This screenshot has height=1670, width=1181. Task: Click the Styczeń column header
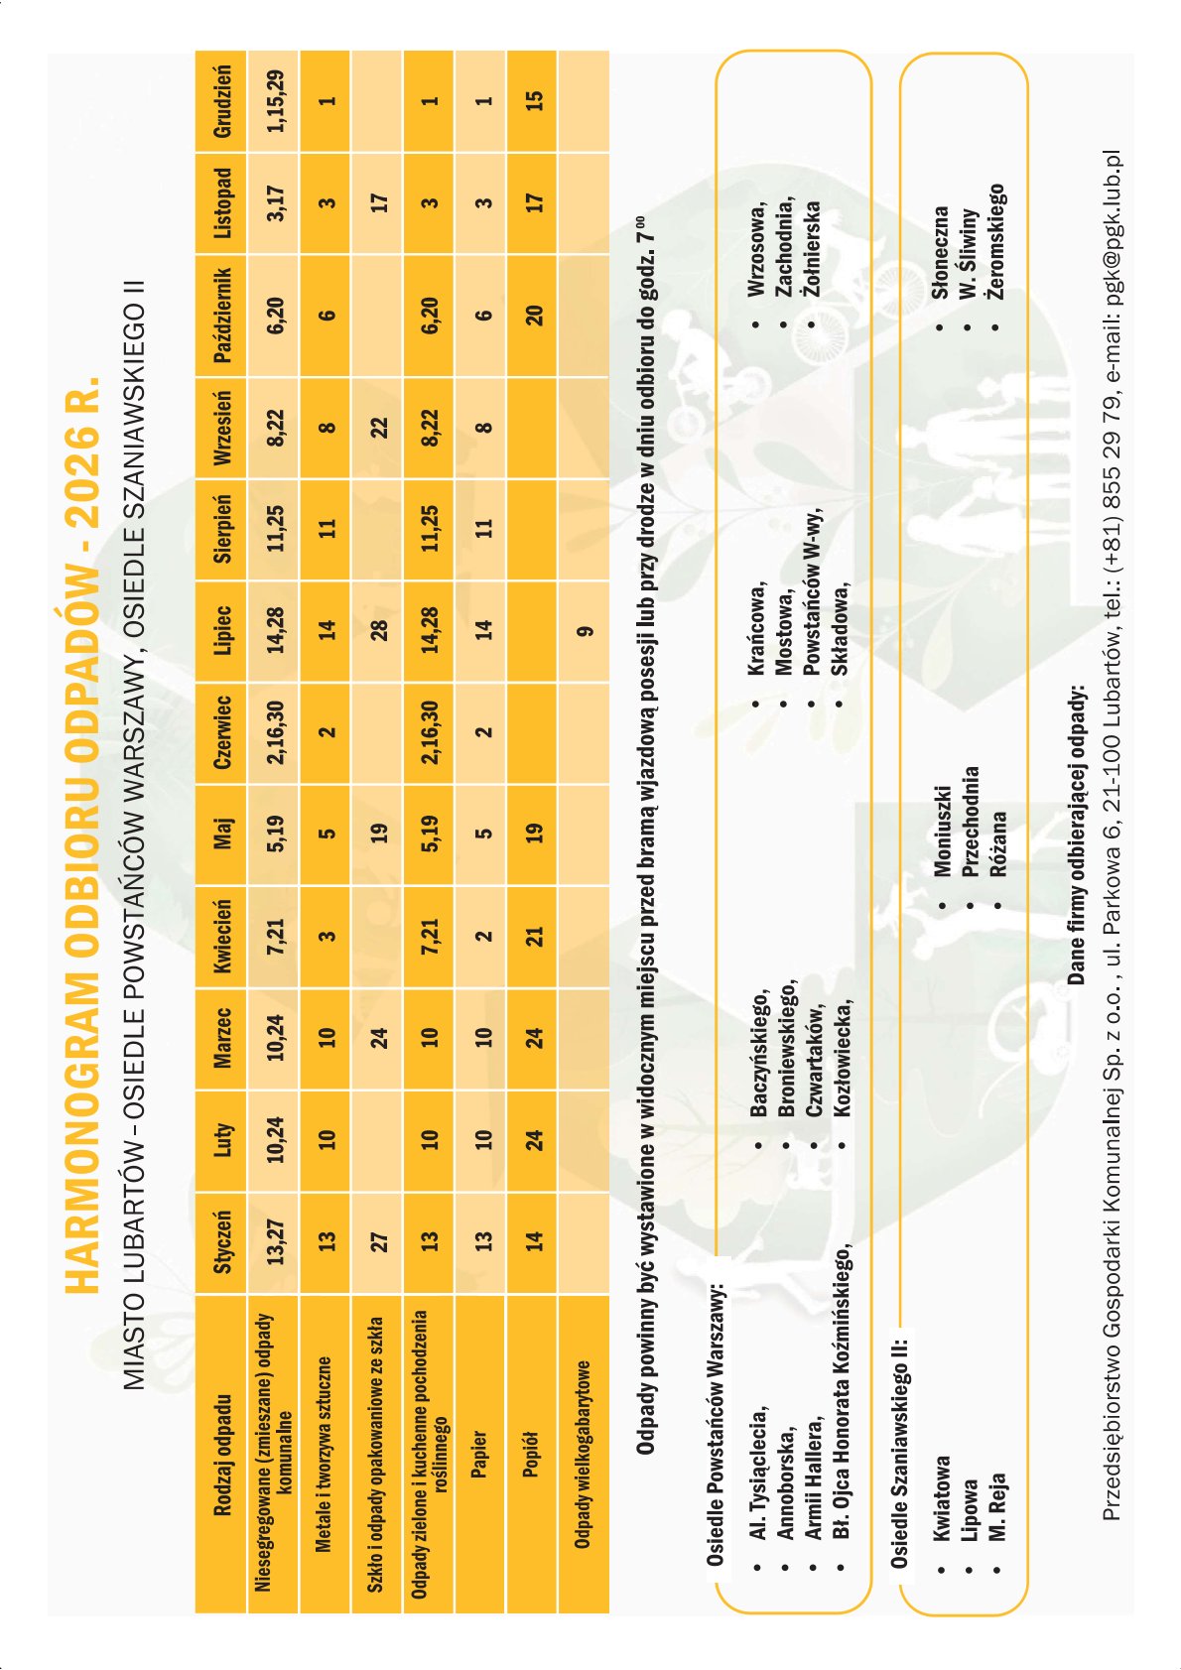coord(221,1241)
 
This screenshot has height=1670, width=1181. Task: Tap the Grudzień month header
coord(221,101)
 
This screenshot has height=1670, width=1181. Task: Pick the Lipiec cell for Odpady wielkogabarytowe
coord(584,631)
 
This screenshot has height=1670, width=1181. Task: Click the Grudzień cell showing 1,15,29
coord(274,101)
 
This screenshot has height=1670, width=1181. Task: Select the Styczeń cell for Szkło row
coord(377,1241)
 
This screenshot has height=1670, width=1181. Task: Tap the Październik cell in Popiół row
coord(533,314)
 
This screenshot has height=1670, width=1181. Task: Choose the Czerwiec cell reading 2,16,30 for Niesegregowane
coord(274,734)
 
